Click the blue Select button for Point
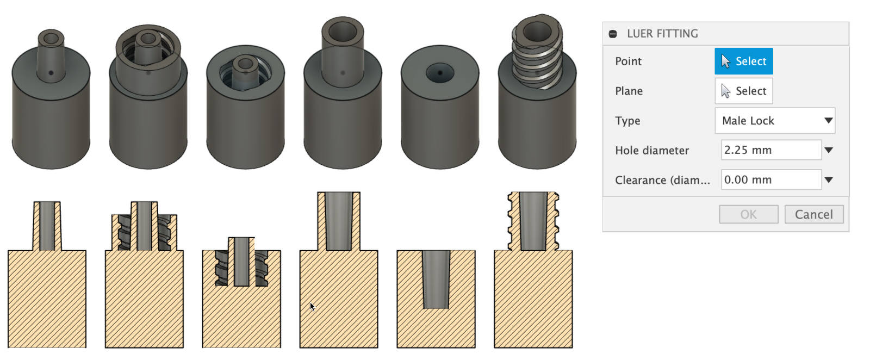tap(743, 61)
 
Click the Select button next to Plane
tap(743, 91)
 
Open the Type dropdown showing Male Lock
tap(775, 121)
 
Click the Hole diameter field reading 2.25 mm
tap(771, 150)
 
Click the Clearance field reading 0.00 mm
tap(771, 180)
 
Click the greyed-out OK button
tap(748, 214)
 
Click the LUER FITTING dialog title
tap(662, 34)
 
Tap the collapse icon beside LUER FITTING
tap(613, 34)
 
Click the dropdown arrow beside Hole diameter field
tap(829, 150)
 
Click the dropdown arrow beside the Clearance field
tap(829, 180)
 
